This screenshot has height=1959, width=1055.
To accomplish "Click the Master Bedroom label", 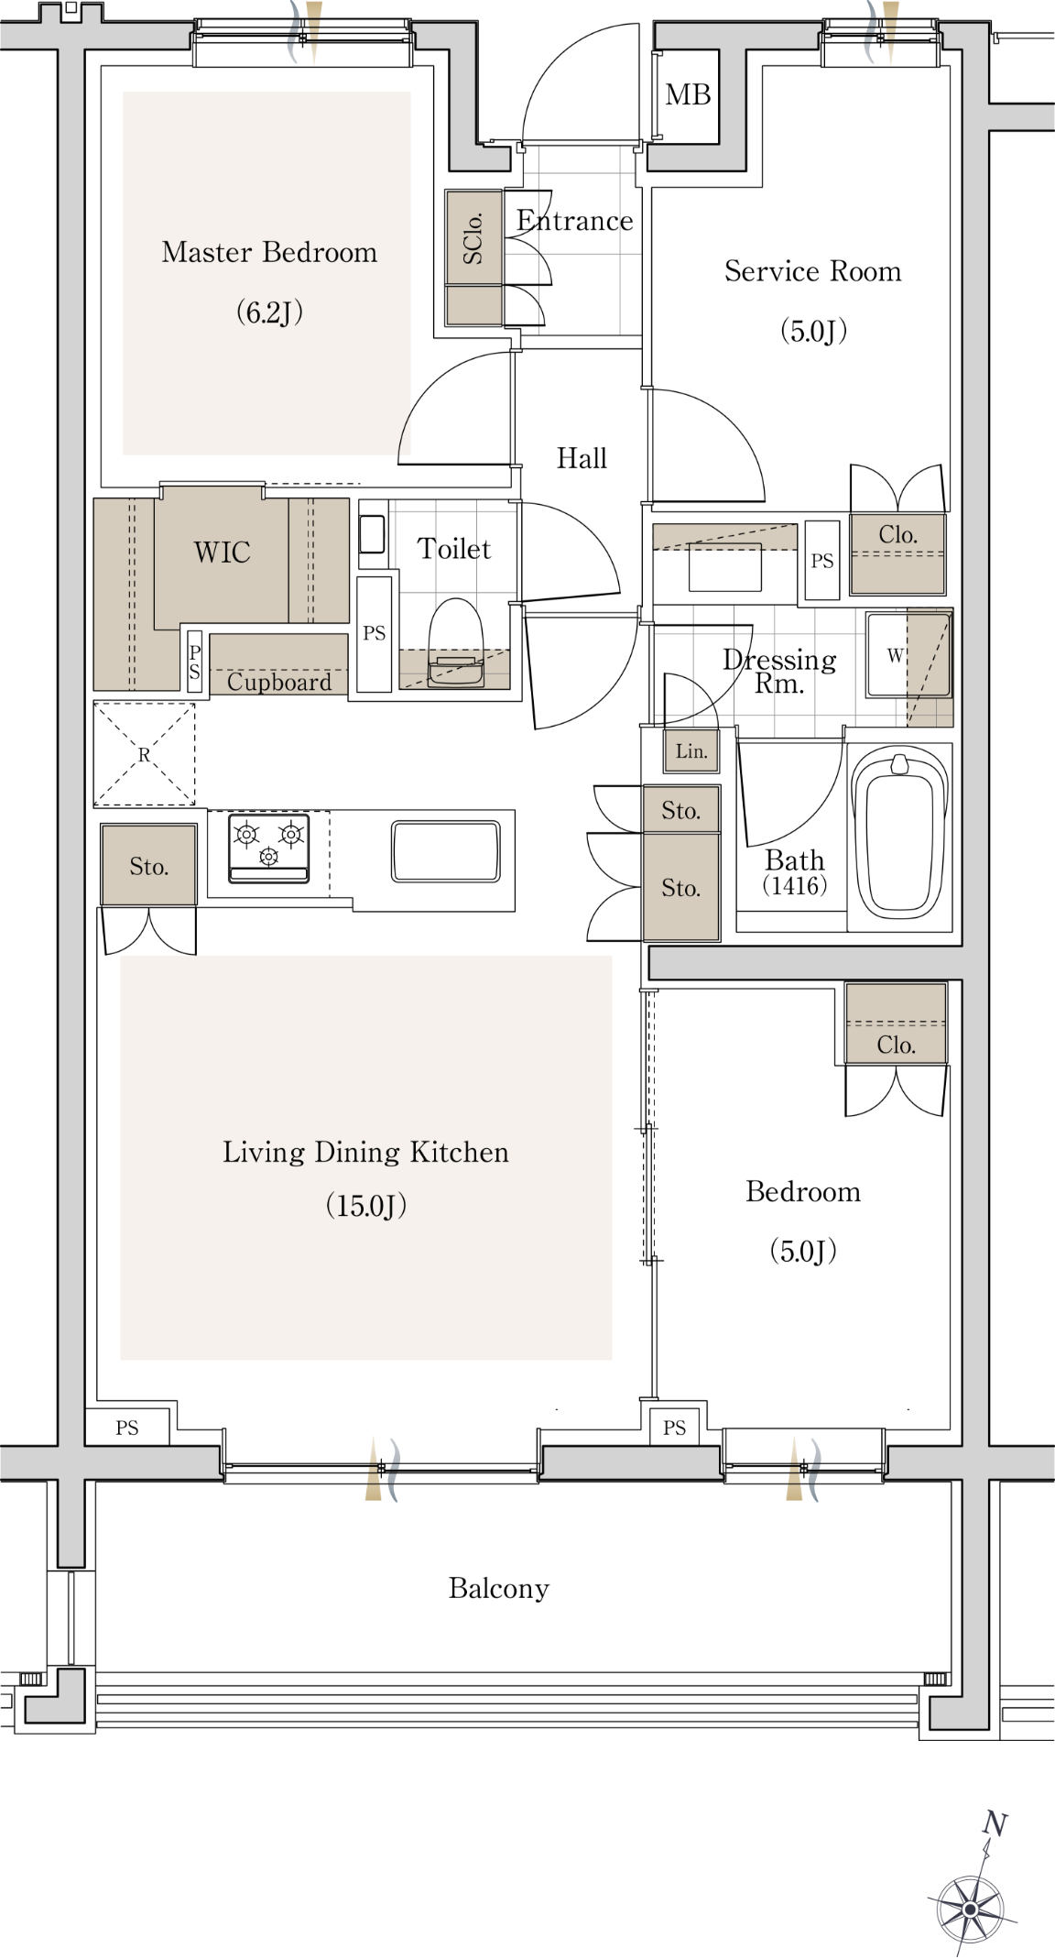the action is point(269,252).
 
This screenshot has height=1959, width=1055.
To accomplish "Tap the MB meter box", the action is point(687,95).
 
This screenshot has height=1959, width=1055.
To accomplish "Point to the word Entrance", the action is point(574,221).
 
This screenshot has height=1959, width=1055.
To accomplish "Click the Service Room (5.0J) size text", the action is point(813,330).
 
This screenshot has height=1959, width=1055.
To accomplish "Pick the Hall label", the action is point(582,458).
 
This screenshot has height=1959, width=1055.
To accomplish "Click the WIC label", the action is point(222,553).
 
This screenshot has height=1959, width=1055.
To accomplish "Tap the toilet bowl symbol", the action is point(456,641).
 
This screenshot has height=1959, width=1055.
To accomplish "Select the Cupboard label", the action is point(279,682).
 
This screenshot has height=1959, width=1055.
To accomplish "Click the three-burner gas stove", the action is point(268,847).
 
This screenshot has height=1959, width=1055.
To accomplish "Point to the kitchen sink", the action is point(446,851).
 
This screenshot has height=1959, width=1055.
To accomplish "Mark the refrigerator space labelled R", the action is point(145,754).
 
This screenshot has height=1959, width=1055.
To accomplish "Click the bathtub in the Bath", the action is point(898,834).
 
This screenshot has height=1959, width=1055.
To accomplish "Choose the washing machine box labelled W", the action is point(896,654).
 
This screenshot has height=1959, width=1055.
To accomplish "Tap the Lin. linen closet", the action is point(691,751).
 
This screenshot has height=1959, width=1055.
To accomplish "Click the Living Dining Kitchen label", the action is point(365,1152).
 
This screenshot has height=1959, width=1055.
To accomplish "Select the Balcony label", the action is point(499,1588).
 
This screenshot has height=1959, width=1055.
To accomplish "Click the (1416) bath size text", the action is point(795,885).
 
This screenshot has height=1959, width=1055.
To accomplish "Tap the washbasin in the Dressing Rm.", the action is point(724,567).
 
